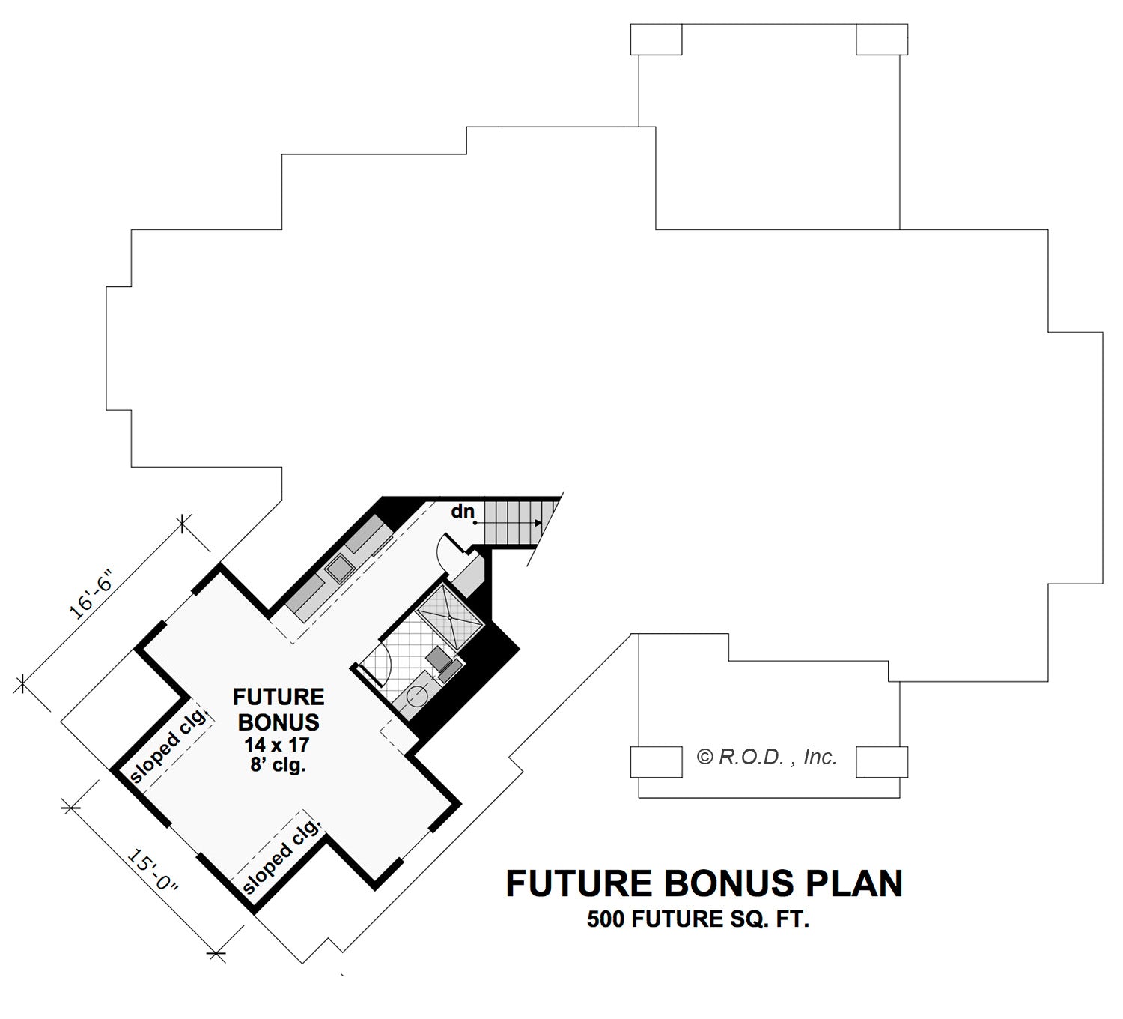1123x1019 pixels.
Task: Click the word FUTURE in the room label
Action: (279, 697)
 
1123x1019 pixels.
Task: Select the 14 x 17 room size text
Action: (276, 744)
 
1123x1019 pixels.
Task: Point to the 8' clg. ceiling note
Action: (279, 764)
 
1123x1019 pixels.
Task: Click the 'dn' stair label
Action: (463, 511)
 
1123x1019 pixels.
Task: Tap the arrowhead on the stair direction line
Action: (538, 523)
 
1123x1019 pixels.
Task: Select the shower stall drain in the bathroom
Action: (449, 616)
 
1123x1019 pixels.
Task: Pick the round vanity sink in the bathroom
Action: (417, 697)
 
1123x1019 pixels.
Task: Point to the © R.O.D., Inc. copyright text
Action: (767, 758)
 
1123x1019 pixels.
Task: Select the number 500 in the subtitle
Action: (606, 919)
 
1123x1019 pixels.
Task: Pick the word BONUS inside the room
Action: (279, 722)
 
